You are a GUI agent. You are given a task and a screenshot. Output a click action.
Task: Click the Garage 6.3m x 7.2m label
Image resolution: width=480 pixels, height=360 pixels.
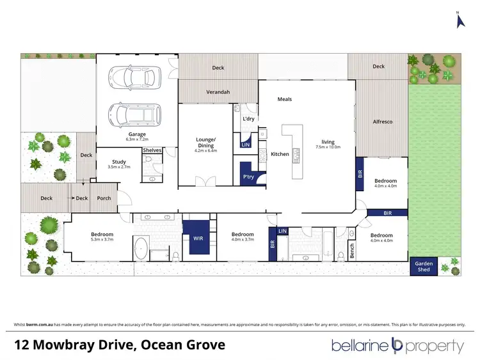click(x=136, y=137)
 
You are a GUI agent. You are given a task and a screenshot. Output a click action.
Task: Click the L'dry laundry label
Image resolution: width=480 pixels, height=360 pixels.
click(x=248, y=119)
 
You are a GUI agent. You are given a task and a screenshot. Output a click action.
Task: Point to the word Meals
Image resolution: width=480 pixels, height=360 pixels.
click(x=285, y=99)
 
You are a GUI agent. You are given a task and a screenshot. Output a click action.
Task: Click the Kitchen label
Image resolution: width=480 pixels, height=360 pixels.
click(x=280, y=154)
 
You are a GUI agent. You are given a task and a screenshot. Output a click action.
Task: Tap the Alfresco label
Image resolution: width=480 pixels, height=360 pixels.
click(x=383, y=121)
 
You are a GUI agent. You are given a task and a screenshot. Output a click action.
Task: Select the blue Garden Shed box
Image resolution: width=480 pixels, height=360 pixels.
click(x=424, y=267)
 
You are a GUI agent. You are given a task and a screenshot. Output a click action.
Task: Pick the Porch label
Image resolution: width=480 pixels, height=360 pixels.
click(x=104, y=198)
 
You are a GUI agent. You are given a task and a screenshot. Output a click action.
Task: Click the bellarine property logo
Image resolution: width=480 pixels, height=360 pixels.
click(x=397, y=346)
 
